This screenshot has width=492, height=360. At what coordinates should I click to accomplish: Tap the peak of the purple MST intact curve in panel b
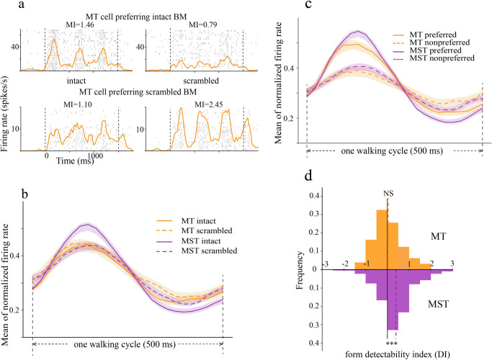tap(88, 225)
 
